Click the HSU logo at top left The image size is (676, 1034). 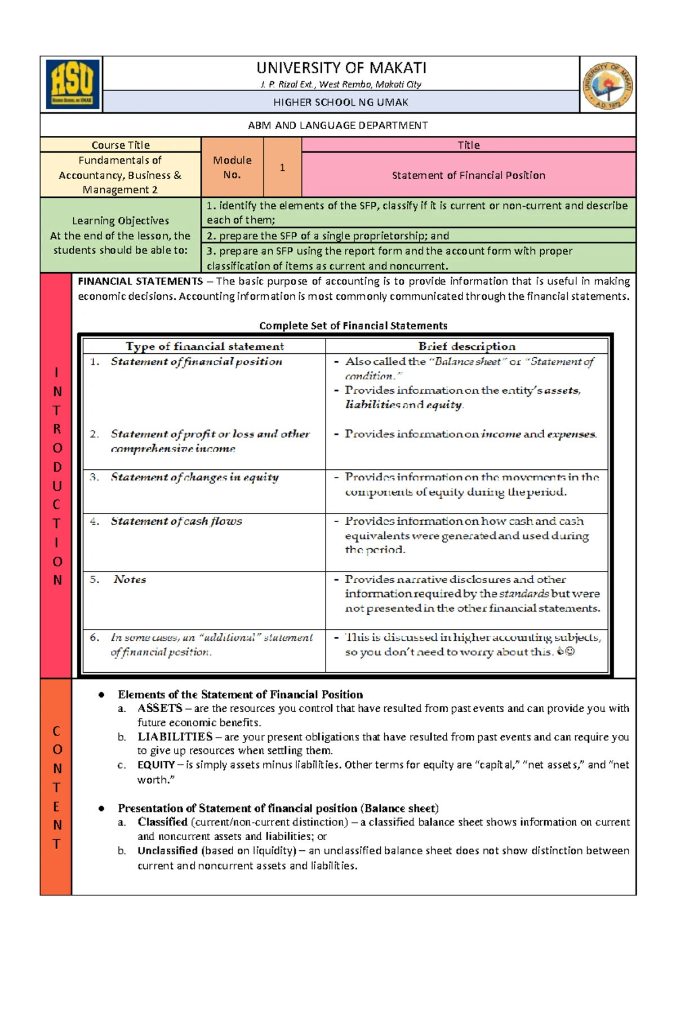pyautogui.click(x=72, y=85)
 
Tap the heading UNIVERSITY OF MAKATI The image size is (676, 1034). pyautogui.click(x=341, y=68)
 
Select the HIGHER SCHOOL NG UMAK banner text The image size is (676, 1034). pyautogui.click(x=341, y=102)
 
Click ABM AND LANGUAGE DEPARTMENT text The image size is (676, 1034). pyautogui.click(x=338, y=125)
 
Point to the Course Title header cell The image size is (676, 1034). pyautogui.click(x=121, y=145)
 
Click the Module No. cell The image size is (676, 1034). pyautogui.click(x=232, y=167)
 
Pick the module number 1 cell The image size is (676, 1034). pyautogui.click(x=282, y=167)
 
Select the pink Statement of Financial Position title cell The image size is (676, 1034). pyautogui.click(x=468, y=175)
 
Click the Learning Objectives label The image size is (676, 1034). pyautogui.click(x=121, y=220)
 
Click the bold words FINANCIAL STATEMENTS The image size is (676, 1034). pyautogui.click(x=140, y=281)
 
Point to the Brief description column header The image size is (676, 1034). pyautogui.click(x=466, y=346)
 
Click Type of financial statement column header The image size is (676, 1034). pyautogui.click(x=204, y=346)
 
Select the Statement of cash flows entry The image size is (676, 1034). pyautogui.click(x=176, y=521)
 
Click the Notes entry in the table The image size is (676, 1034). pyautogui.click(x=130, y=579)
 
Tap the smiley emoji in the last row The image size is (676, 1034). pyautogui.click(x=570, y=651)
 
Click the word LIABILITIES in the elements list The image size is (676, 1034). pyautogui.click(x=175, y=736)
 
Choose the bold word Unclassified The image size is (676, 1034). pyautogui.click(x=167, y=850)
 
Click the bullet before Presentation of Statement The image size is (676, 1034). pyautogui.click(x=101, y=808)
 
